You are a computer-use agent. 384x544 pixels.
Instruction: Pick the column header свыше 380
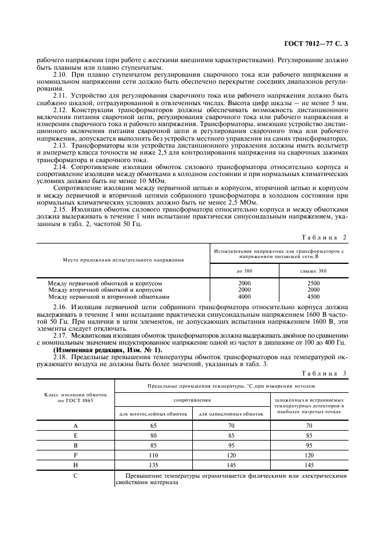(x=313, y=271)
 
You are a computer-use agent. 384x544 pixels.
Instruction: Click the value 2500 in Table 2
(x=313, y=283)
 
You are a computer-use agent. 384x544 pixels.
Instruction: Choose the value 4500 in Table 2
(x=313, y=296)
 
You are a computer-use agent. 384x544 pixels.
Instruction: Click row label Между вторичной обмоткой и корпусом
(x=105, y=289)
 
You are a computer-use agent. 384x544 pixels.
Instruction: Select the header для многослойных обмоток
(x=153, y=414)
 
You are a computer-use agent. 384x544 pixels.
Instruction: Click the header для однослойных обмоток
(x=232, y=414)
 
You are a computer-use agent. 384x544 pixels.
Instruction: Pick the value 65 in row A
(x=153, y=425)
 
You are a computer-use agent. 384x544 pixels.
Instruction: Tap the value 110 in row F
(x=153, y=456)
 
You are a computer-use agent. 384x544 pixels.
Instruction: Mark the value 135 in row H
(x=153, y=466)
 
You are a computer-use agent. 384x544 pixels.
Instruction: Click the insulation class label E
(x=75, y=435)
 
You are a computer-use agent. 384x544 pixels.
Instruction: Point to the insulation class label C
(x=75, y=477)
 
